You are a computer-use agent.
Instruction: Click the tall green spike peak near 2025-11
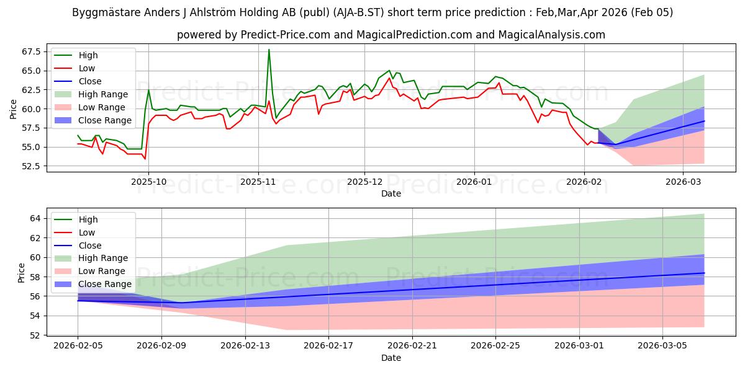(x=269, y=50)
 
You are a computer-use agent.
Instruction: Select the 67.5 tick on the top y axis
(x=30, y=51)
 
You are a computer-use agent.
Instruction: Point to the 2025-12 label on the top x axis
(x=364, y=182)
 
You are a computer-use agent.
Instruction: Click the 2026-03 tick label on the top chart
(x=683, y=182)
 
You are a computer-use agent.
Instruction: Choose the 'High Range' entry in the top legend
(x=103, y=94)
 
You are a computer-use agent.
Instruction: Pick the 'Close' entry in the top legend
(x=90, y=81)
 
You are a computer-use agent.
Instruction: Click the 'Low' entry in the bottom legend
(x=88, y=232)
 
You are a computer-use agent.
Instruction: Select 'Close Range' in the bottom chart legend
(x=105, y=284)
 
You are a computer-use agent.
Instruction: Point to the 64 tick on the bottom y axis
(x=35, y=218)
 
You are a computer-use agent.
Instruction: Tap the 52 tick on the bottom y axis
(x=35, y=335)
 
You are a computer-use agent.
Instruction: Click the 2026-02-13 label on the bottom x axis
(x=245, y=346)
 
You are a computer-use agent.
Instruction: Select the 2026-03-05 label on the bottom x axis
(x=663, y=346)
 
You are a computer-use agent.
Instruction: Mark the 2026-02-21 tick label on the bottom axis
(x=412, y=346)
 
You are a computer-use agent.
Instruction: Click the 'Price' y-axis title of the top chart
(x=14, y=108)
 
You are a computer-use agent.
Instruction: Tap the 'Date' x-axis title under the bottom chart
(x=391, y=358)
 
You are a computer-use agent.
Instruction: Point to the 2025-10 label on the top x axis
(x=149, y=182)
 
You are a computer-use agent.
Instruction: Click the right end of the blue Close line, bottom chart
(x=704, y=273)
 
